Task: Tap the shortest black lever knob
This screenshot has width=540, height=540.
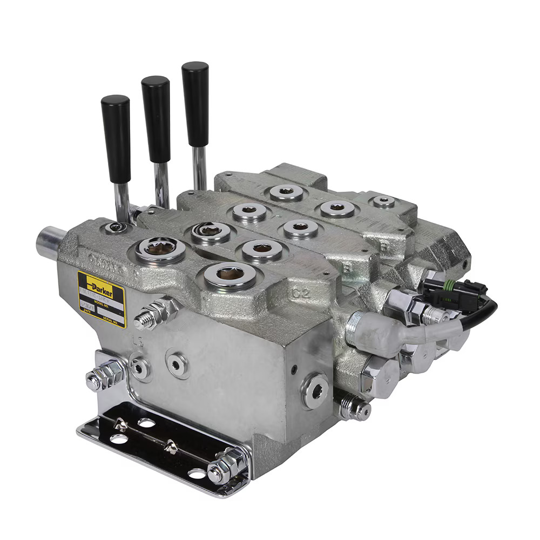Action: [116, 138]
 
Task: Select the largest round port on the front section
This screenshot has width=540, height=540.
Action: [230, 276]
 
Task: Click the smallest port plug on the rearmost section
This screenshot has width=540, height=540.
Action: [384, 202]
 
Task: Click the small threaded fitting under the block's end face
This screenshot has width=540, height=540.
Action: [354, 408]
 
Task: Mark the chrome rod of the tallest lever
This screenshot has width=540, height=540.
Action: [200, 167]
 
